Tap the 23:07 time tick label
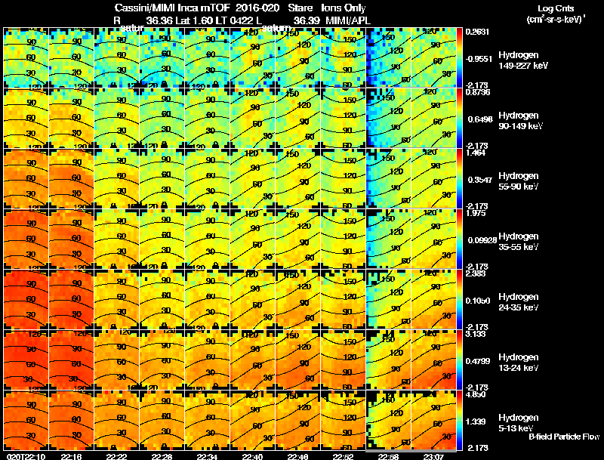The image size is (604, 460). [x=433, y=456]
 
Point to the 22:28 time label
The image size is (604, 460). [x=162, y=456]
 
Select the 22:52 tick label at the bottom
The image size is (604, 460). [x=343, y=456]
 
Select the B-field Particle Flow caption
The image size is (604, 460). [x=564, y=437]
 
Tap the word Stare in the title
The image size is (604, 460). [x=300, y=8]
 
